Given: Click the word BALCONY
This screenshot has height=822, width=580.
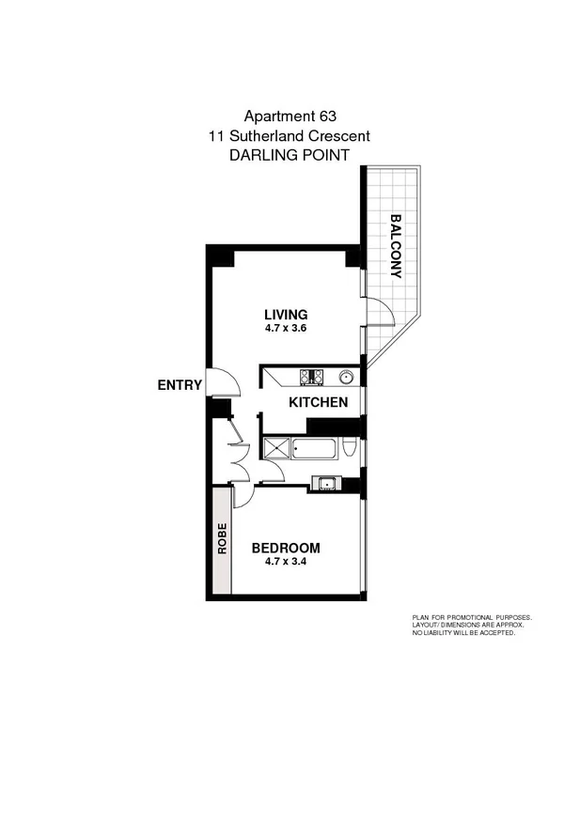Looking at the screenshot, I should pyautogui.click(x=396, y=246).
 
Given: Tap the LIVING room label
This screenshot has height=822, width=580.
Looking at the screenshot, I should pyautogui.click(x=286, y=314).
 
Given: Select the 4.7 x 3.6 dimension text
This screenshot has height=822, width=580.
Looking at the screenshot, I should pyautogui.click(x=286, y=329).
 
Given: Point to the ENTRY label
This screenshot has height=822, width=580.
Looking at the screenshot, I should pyautogui.click(x=180, y=385).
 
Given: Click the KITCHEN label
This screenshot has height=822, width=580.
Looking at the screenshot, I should pyautogui.click(x=318, y=402).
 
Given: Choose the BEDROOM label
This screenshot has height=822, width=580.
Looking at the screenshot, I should pyautogui.click(x=286, y=548).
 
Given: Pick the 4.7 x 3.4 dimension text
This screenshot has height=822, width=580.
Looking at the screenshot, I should pyautogui.click(x=286, y=563).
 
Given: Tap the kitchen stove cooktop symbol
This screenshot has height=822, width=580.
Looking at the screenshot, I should pyautogui.click(x=311, y=378).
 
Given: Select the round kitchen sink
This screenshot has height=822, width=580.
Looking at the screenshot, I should pyautogui.click(x=346, y=378).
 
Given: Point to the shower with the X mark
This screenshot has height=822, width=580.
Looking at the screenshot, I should pyautogui.click(x=276, y=448).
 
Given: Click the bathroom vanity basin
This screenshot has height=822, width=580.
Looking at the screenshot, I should pyautogui.click(x=327, y=484).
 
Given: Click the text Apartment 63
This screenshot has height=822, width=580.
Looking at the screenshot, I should pyautogui.click(x=290, y=116).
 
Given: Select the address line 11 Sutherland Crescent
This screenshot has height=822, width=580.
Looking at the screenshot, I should pyautogui.click(x=290, y=136).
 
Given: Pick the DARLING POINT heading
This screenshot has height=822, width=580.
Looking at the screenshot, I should pyautogui.click(x=290, y=156).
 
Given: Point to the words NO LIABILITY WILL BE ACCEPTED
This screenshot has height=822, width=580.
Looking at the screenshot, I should pyautogui.click(x=463, y=633).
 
